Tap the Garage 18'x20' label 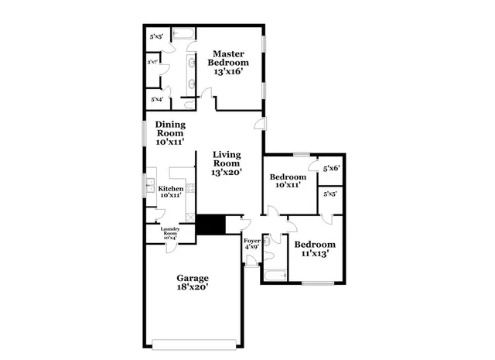[x=193, y=282]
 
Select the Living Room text [x=229, y=164]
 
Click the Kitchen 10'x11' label [x=171, y=193]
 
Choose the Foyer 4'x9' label [x=252, y=244]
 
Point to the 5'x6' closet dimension [x=331, y=168]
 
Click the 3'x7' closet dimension [x=153, y=61]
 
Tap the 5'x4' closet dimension [x=156, y=99]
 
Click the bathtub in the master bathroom [x=185, y=33]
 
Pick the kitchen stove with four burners [x=187, y=188]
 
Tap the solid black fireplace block [x=209, y=225]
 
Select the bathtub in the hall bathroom [x=275, y=275]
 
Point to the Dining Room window [x=144, y=132]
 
